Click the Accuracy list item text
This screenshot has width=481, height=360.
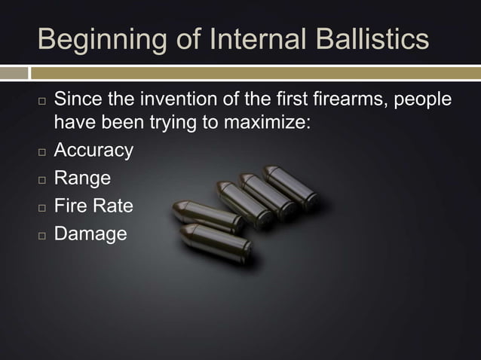pos(93,151)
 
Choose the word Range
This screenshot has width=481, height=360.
pos(82,178)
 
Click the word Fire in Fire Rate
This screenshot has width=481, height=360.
pos(72,206)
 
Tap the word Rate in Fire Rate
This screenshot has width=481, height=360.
pos(114,206)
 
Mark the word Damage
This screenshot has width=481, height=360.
pos(90,234)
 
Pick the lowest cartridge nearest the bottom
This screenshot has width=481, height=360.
pos(216,243)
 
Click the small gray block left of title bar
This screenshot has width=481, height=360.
pos(14,73)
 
